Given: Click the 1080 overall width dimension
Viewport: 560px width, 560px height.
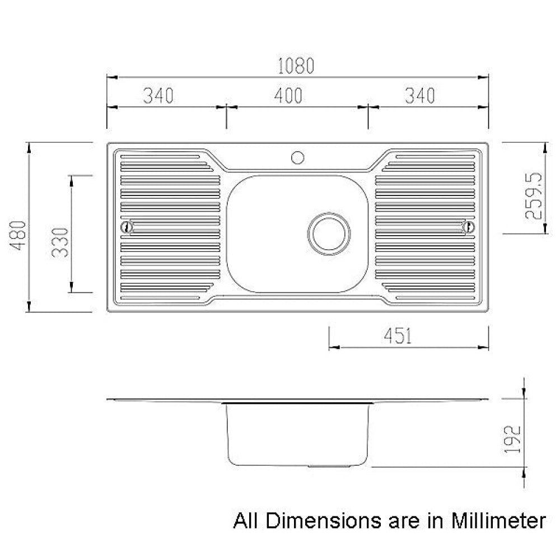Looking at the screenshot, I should pyautogui.click(x=297, y=67).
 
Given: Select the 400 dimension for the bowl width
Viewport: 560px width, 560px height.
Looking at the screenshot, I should pyautogui.click(x=288, y=96).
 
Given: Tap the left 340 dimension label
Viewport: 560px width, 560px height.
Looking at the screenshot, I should pyautogui.click(x=158, y=96).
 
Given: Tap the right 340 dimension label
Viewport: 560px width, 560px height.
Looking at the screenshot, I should pyautogui.click(x=419, y=96).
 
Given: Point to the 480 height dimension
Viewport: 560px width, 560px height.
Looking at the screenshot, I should pyautogui.click(x=18, y=235).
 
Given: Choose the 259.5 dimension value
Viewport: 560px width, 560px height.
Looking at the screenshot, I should pyautogui.click(x=533, y=195).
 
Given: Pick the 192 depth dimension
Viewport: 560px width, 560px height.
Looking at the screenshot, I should pyautogui.click(x=513, y=438).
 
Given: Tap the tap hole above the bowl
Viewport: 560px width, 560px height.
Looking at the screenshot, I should pyautogui.click(x=297, y=157).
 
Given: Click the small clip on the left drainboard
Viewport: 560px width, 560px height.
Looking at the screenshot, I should pyautogui.click(x=127, y=227).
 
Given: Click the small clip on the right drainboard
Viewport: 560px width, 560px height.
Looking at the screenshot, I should pyautogui.click(x=468, y=227).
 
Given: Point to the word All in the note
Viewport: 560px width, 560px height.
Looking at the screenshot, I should pyautogui.click(x=247, y=521).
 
